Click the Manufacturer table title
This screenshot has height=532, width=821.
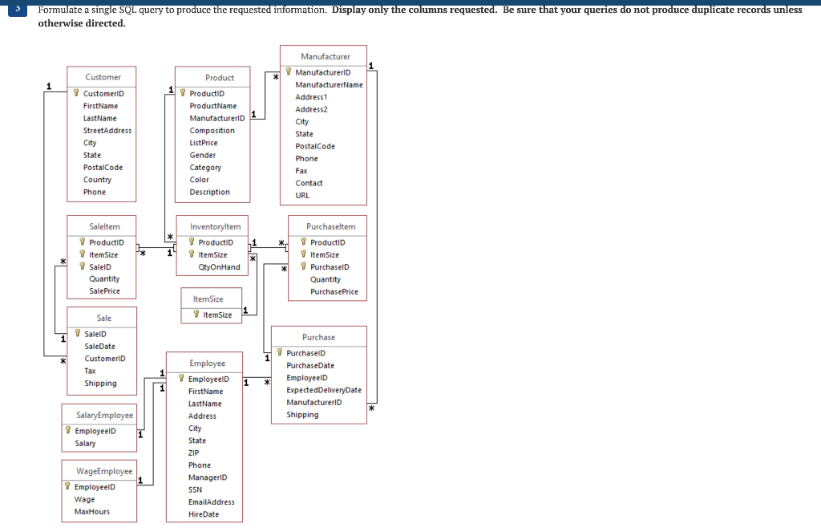pos(325,56)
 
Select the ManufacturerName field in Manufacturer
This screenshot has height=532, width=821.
pos(329,84)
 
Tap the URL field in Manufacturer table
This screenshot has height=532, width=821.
pos(302,195)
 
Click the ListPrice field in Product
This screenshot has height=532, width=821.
pos(204,143)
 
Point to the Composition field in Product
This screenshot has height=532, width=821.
pos(212,130)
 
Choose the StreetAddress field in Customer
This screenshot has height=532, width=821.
pos(107,130)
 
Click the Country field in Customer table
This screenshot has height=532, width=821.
pos(97,180)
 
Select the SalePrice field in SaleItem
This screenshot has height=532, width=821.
pos(104,291)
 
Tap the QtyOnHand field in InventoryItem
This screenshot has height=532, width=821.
pos(219,267)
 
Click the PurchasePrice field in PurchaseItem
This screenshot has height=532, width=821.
pos(334,292)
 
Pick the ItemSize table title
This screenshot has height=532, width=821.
pos(208,298)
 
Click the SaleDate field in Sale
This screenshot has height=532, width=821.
pos(99,346)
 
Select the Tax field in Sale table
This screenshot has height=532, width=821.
pos(90,371)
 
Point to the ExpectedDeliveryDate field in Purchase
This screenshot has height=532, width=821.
pos(324,390)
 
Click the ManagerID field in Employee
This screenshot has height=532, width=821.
pos(208,477)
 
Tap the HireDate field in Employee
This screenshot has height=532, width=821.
pos(204,514)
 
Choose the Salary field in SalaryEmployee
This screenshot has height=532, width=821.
pos(85,443)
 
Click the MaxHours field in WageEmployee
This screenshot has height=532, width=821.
pos(92,511)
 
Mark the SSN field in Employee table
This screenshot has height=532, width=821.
pos(195,489)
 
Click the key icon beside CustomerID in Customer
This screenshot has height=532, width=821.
pos(76,94)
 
